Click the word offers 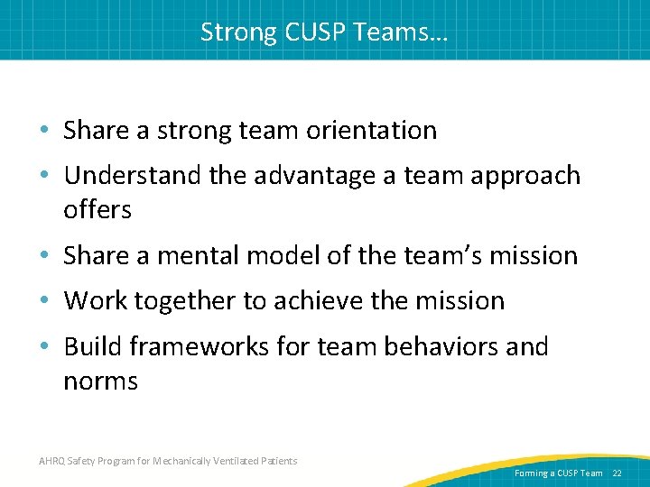(x=97, y=210)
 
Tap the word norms (x=100, y=381)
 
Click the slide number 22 (x=617, y=473)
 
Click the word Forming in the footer (x=531, y=473)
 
